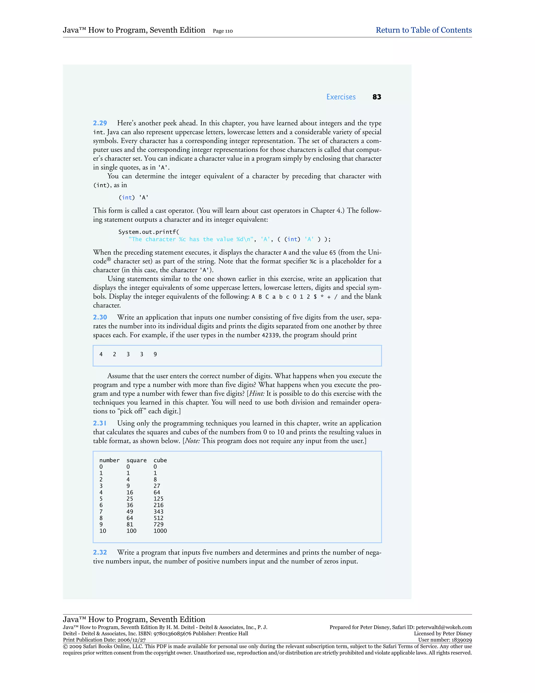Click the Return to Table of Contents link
tap(423, 30)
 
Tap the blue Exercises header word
tap(341, 97)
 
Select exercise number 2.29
tap(100, 123)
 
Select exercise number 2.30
tap(100, 317)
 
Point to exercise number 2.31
tap(100, 423)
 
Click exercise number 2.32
tap(100, 552)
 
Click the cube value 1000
tap(160, 531)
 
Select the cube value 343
tap(159, 512)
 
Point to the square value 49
tap(130, 512)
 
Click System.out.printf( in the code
tap(149, 232)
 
